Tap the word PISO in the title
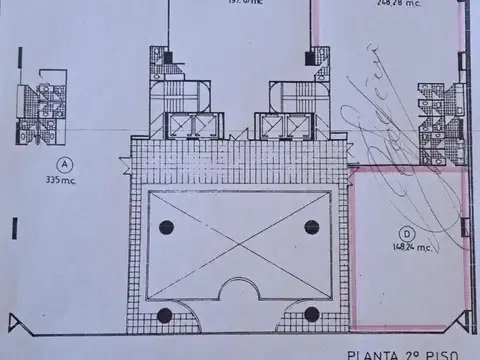[x=441, y=353]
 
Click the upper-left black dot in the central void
[x=165, y=227]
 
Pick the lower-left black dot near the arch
[x=165, y=315]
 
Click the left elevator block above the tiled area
[x=189, y=125]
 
